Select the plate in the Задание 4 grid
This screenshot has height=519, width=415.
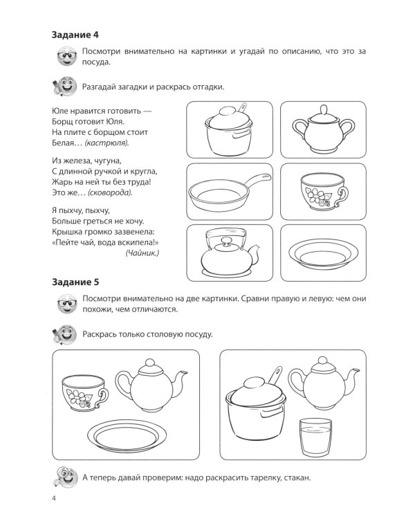point(320,254)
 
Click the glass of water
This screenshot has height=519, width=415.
point(315,437)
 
